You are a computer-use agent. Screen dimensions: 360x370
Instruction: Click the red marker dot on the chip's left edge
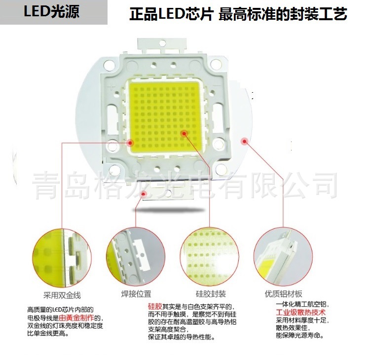pyautogui.click(x=130, y=143)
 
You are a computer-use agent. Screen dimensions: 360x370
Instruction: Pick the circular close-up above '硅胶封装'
pyautogui.click(x=209, y=256)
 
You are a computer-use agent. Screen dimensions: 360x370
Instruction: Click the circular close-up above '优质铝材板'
pyautogui.click(x=283, y=256)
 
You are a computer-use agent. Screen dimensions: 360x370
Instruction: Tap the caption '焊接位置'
pyautogui.click(x=136, y=294)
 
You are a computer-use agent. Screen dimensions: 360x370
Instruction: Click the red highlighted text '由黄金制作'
pyautogui.click(x=79, y=318)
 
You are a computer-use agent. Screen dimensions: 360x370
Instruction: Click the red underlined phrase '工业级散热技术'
pyautogui.click(x=297, y=313)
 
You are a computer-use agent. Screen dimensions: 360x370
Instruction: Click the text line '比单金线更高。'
pyautogui.click(x=48, y=334)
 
